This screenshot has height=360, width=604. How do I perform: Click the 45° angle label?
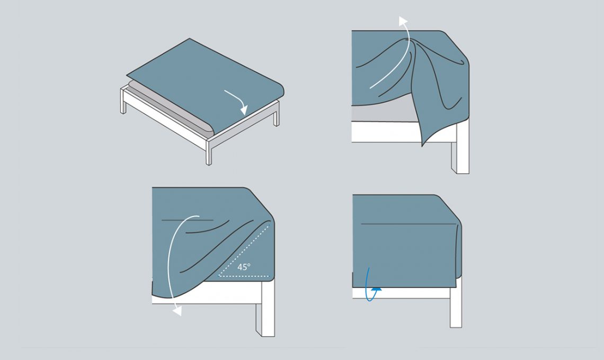(x=244, y=267)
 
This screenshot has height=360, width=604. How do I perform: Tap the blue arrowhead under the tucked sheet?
(x=377, y=287)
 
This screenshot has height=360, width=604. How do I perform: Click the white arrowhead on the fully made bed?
(x=244, y=111)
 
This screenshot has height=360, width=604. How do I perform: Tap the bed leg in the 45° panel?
(x=265, y=308)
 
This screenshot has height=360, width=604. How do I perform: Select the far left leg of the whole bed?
(x=123, y=101)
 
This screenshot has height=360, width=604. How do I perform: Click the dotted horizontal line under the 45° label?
(x=243, y=276)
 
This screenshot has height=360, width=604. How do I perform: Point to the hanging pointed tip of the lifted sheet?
(x=423, y=145)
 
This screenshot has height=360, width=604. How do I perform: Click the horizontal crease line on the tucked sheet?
(x=408, y=224)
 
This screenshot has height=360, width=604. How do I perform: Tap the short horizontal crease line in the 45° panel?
(x=188, y=220)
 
